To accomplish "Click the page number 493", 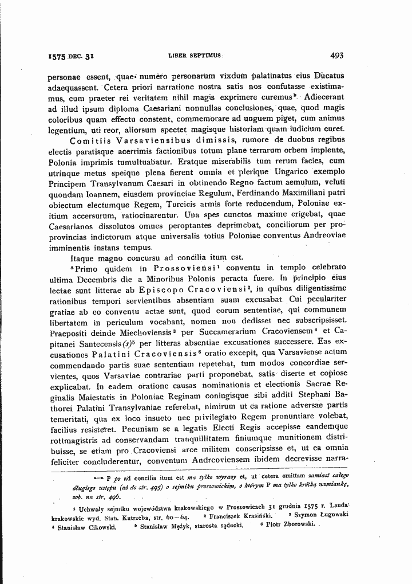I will click(x=336, y=56).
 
